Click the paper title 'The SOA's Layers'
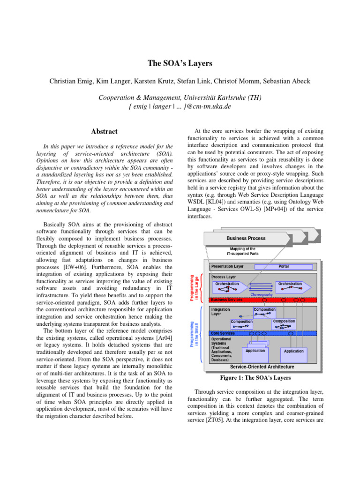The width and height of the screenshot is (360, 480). tap(180, 62)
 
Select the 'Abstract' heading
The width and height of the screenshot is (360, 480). tap(104, 132)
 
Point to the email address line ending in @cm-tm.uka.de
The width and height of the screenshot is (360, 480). tap(180, 106)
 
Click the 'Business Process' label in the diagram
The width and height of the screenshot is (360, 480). tap(246, 238)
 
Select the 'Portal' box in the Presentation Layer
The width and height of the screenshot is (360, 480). tap(284, 266)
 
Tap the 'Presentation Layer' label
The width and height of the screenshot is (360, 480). tap(227, 266)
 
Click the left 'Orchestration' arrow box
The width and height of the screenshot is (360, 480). tap(228, 287)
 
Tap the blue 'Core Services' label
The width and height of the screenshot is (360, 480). tap(224, 333)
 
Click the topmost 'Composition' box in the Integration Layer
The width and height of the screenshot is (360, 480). tap(264, 312)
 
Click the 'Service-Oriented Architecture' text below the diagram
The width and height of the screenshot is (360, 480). tap(262, 367)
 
